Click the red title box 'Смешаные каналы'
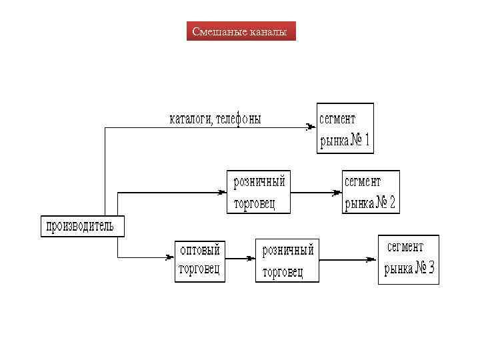241,31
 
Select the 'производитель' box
79,227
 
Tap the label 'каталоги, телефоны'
215,119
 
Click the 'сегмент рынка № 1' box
345,129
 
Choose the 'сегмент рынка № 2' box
371,192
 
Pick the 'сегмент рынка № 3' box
409,259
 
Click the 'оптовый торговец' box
199,260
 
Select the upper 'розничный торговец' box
259,192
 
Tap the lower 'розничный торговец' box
287,261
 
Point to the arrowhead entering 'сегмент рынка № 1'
310,126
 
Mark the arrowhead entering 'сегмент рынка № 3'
371,261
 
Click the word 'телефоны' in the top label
238,119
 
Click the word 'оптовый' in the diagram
200,250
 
